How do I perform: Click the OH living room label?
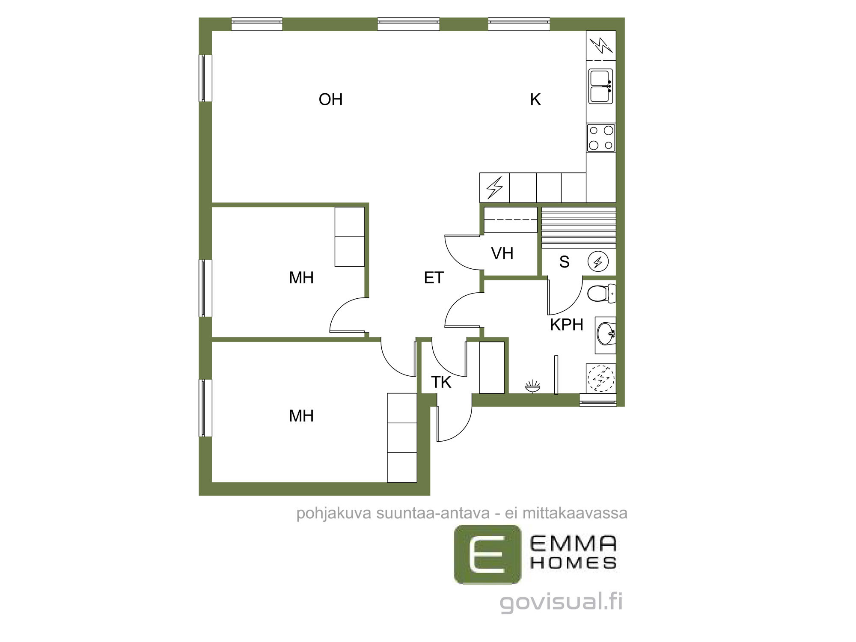(x=330, y=99)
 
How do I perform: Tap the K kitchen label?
(x=535, y=99)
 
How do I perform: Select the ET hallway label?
(x=434, y=278)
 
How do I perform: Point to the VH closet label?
(x=502, y=253)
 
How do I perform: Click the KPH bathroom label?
(x=567, y=325)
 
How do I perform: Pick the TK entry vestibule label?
(x=441, y=382)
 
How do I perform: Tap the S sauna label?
(x=564, y=262)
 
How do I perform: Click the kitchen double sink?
(x=601, y=86)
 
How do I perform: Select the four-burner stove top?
(x=601, y=138)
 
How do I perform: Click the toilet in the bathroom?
(x=601, y=294)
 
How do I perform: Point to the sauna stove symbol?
(x=598, y=262)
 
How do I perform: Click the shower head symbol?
(x=532, y=387)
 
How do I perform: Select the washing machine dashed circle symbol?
(x=601, y=378)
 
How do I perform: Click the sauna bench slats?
(x=579, y=228)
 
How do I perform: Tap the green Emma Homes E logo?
(x=488, y=555)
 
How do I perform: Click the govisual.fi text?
(x=561, y=602)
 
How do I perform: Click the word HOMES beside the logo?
(x=574, y=563)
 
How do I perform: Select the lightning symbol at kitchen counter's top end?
(x=601, y=45)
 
